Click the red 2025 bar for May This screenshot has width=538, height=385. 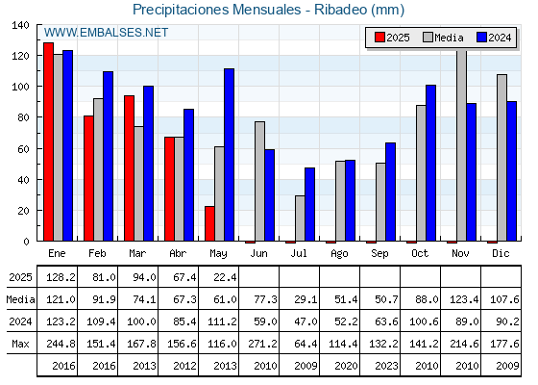209,223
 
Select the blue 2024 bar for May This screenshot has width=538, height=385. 230,155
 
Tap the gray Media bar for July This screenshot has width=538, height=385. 300,218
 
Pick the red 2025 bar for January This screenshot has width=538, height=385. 48,141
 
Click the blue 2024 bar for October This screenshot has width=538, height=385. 431,163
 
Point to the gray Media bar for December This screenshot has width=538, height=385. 501,158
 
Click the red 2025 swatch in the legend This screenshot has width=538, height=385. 379,38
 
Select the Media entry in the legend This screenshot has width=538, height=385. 443,38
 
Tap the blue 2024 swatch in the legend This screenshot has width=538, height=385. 481,38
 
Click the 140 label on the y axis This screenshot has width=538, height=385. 20,25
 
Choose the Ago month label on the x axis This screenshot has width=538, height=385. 339,254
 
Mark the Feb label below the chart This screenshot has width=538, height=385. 97,253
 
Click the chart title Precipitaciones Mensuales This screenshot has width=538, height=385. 216,10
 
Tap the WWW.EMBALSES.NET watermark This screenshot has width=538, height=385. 106,33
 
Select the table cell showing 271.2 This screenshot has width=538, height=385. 265,344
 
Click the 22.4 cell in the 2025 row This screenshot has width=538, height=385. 225,277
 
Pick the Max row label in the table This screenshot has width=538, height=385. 20,344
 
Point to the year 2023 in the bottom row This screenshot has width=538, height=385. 386,366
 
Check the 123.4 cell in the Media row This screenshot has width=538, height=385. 464,299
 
